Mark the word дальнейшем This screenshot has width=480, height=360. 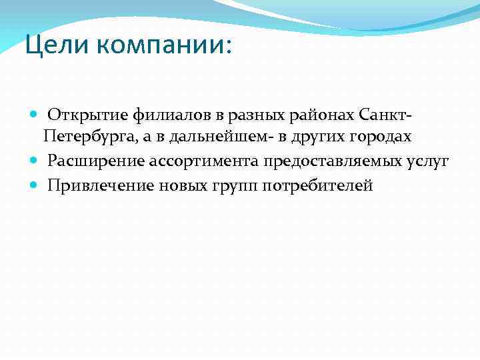(x=213, y=137)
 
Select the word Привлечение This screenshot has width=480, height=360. (x=100, y=185)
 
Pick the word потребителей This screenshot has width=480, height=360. (x=318, y=185)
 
